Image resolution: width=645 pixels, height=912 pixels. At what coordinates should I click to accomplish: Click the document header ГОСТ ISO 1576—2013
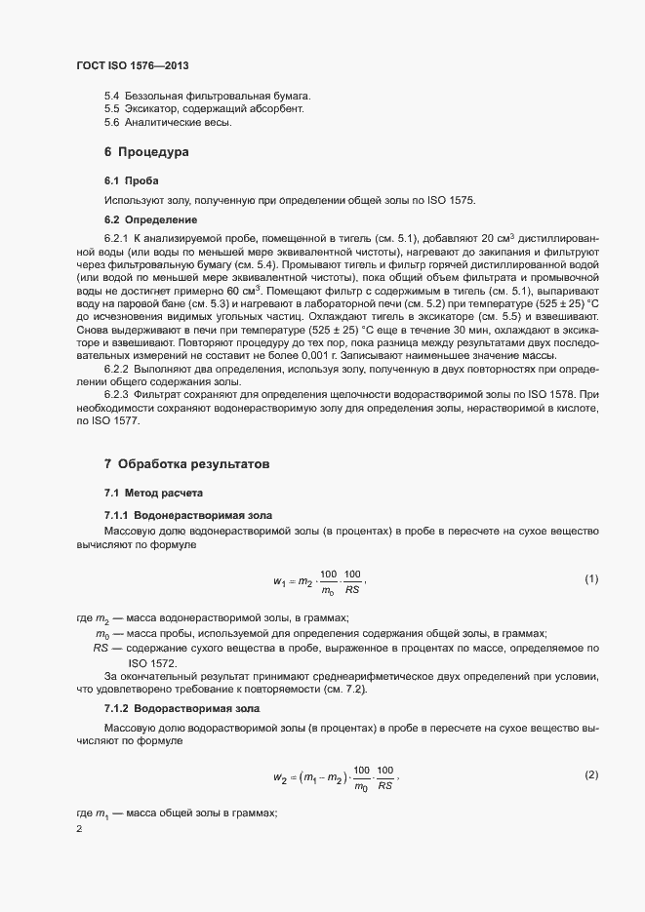(x=132, y=65)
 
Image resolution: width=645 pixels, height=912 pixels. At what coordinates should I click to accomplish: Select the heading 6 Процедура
(x=146, y=152)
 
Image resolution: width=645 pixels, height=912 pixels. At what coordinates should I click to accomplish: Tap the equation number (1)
(x=591, y=579)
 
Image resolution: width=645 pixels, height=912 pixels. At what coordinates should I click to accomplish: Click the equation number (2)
(x=591, y=774)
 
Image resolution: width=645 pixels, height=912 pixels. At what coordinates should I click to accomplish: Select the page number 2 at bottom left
(x=79, y=829)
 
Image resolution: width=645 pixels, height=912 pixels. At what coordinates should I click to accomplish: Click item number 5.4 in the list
(x=111, y=96)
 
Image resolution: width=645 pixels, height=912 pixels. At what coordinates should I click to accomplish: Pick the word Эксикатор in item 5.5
(x=151, y=109)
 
